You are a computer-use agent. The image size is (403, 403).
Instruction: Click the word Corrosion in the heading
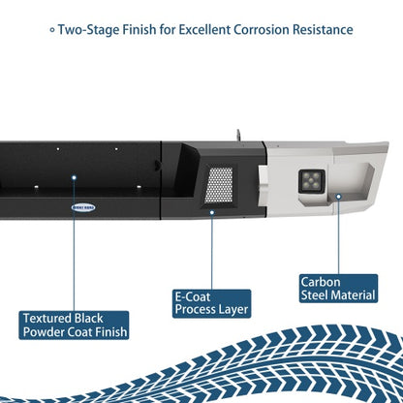pos(262,30)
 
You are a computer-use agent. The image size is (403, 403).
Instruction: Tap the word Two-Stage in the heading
pos(88,30)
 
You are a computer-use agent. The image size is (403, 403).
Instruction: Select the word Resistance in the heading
pos(323,30)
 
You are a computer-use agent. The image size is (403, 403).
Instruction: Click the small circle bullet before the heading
pos(52,30)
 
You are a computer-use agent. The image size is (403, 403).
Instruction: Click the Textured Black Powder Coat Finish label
pos(74,325)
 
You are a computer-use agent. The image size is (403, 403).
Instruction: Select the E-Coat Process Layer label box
pos(211,303)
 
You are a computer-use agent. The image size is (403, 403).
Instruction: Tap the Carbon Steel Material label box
pos(338,289)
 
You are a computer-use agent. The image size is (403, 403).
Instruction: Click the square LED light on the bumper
pos(312,181)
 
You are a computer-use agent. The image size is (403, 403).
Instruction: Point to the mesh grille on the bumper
pos(219,185)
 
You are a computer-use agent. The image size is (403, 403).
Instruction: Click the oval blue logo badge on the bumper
pos(83,207)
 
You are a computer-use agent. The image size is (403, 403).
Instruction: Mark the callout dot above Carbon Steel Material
pos(338,196)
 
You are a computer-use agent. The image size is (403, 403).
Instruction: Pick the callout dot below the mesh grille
pos(212,212)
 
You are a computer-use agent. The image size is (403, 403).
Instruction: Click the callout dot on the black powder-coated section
pos(74,177)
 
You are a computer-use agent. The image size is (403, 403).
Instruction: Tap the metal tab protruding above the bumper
pos(238,136)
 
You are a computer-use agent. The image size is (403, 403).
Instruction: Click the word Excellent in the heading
pos(204,30)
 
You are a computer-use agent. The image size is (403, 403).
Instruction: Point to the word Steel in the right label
pos(315,295)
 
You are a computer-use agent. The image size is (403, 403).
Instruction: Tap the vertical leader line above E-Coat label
pos(212,252)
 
